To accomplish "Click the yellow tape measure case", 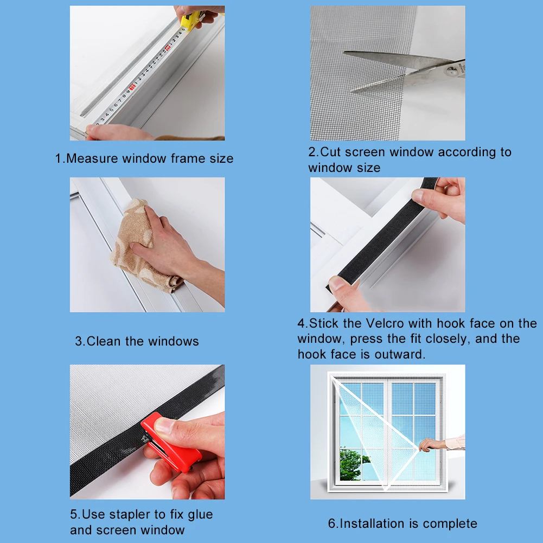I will pyautogui.click(x=190, y=21).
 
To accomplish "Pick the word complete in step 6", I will pyautogui.click(x=450, y=524).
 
